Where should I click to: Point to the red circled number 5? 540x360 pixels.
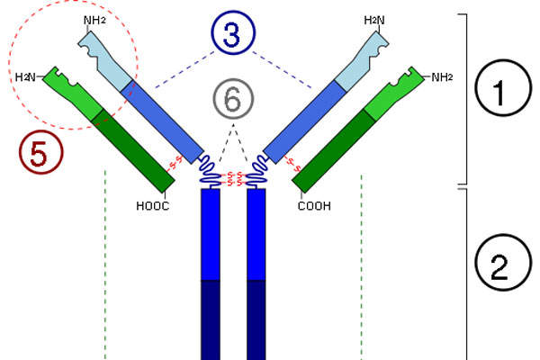[x=40, y=155]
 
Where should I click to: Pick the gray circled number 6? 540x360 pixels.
[x=232, y=100]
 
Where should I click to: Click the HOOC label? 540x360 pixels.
[x=153, y=205]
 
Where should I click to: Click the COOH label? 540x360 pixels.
[x=314, y=205]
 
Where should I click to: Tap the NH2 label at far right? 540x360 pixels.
[x=442, y=77]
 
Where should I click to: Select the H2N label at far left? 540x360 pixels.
[x=27, y=77]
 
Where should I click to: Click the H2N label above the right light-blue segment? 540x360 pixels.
[x=374, y=19]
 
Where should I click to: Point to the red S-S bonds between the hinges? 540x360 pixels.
[x=234, y=176]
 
